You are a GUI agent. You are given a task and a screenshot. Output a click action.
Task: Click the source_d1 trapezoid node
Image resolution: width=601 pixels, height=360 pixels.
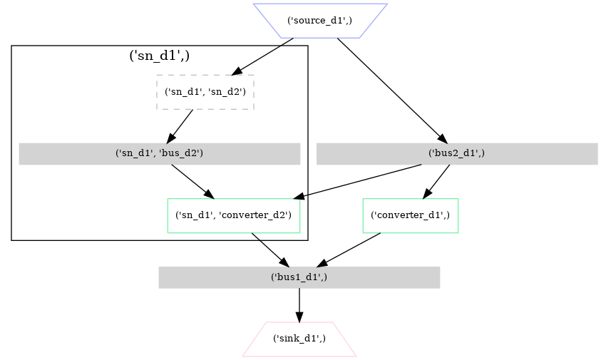tap(320, 20)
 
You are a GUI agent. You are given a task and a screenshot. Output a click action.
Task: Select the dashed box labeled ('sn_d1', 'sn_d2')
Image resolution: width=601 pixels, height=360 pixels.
tap(205, 92)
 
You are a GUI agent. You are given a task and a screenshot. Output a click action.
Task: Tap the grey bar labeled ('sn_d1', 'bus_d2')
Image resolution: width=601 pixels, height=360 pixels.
tap(159, 154)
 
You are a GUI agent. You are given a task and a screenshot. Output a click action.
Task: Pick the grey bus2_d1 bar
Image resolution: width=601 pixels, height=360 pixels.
tap(456, 154)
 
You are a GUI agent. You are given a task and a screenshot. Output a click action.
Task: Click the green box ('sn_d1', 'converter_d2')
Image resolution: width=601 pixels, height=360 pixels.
tap(233, 215)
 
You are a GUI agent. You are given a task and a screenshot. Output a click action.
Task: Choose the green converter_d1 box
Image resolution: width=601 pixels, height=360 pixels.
tap(410, 215)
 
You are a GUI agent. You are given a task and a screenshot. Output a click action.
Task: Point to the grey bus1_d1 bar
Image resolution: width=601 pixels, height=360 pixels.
tap(299, 277)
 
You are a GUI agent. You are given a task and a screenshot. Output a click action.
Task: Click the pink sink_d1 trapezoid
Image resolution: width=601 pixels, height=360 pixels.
tap(299, 339)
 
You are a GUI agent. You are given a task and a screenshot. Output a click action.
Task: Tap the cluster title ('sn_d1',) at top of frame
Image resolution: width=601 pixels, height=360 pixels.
tap(159, 56)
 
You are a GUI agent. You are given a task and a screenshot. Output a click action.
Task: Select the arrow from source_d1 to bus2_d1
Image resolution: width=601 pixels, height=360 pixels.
tap(391, 90)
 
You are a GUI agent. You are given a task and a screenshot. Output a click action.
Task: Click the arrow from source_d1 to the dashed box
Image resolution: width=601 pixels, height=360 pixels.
tap(264, 56)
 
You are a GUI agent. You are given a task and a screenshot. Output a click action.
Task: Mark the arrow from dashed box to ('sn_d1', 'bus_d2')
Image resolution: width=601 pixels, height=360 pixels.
tap(180, 126)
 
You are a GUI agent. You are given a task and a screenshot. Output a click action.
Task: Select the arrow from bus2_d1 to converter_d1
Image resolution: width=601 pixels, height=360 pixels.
tap(437, 181)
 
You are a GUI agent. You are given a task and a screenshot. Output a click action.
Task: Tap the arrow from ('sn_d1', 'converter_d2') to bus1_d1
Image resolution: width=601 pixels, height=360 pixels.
tap(270, 250)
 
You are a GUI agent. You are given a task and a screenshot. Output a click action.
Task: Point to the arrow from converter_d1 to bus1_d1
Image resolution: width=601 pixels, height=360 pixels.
tap(354, 250)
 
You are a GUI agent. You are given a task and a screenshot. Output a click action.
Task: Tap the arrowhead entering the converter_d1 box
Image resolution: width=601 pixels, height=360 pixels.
tap(428, 193)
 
